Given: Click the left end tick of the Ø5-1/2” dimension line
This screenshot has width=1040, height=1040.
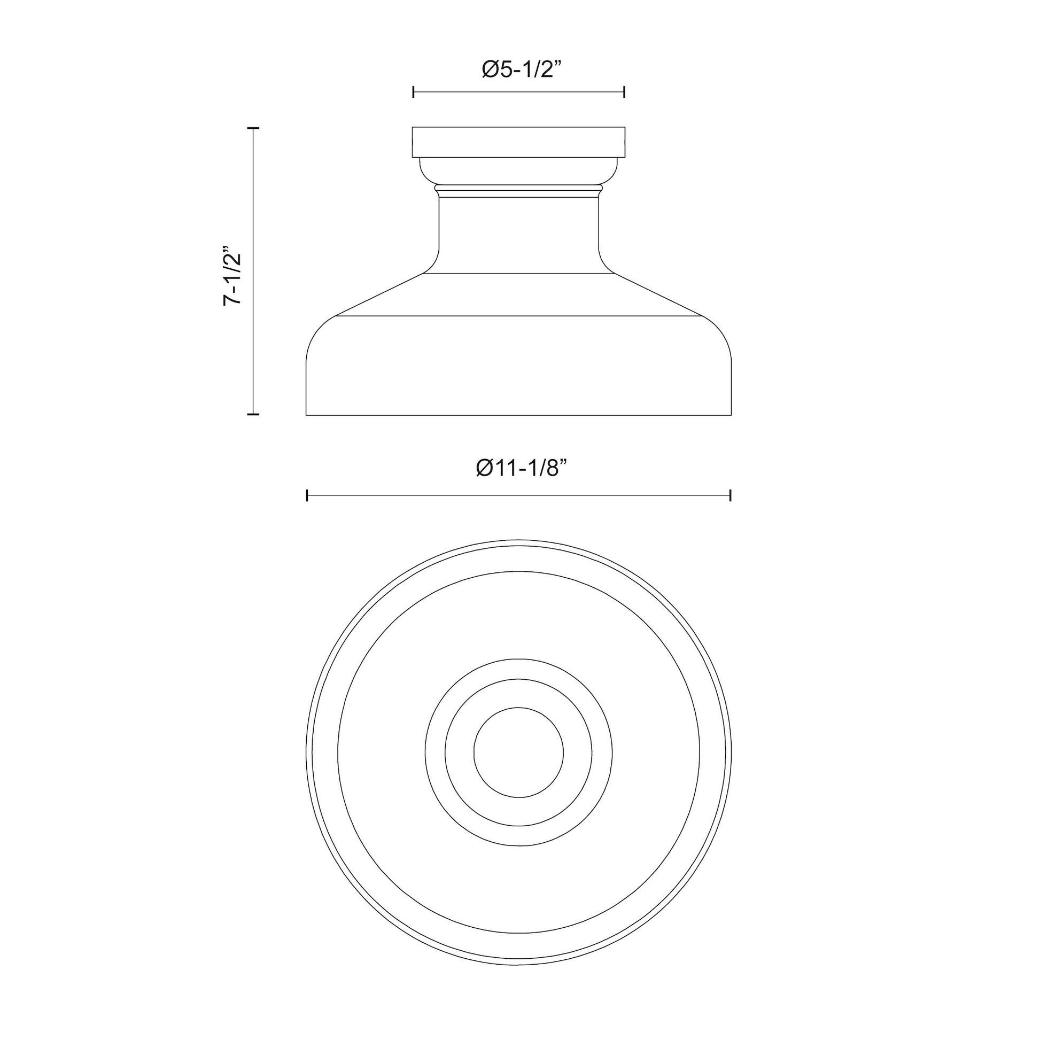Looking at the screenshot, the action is click(413, 92).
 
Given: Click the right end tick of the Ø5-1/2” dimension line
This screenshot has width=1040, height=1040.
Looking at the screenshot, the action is click(624, 92).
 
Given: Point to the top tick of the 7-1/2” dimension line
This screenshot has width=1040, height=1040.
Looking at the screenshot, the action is click(253, 128).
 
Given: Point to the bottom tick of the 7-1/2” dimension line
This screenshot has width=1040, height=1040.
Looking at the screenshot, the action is click(253, 414).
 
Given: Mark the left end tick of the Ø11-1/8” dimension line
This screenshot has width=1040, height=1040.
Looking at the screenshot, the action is click(307, 495).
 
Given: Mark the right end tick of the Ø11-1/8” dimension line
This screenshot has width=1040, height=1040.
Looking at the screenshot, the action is click(731, 495).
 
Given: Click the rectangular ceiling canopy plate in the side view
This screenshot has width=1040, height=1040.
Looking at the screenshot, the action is click(518, 142).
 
